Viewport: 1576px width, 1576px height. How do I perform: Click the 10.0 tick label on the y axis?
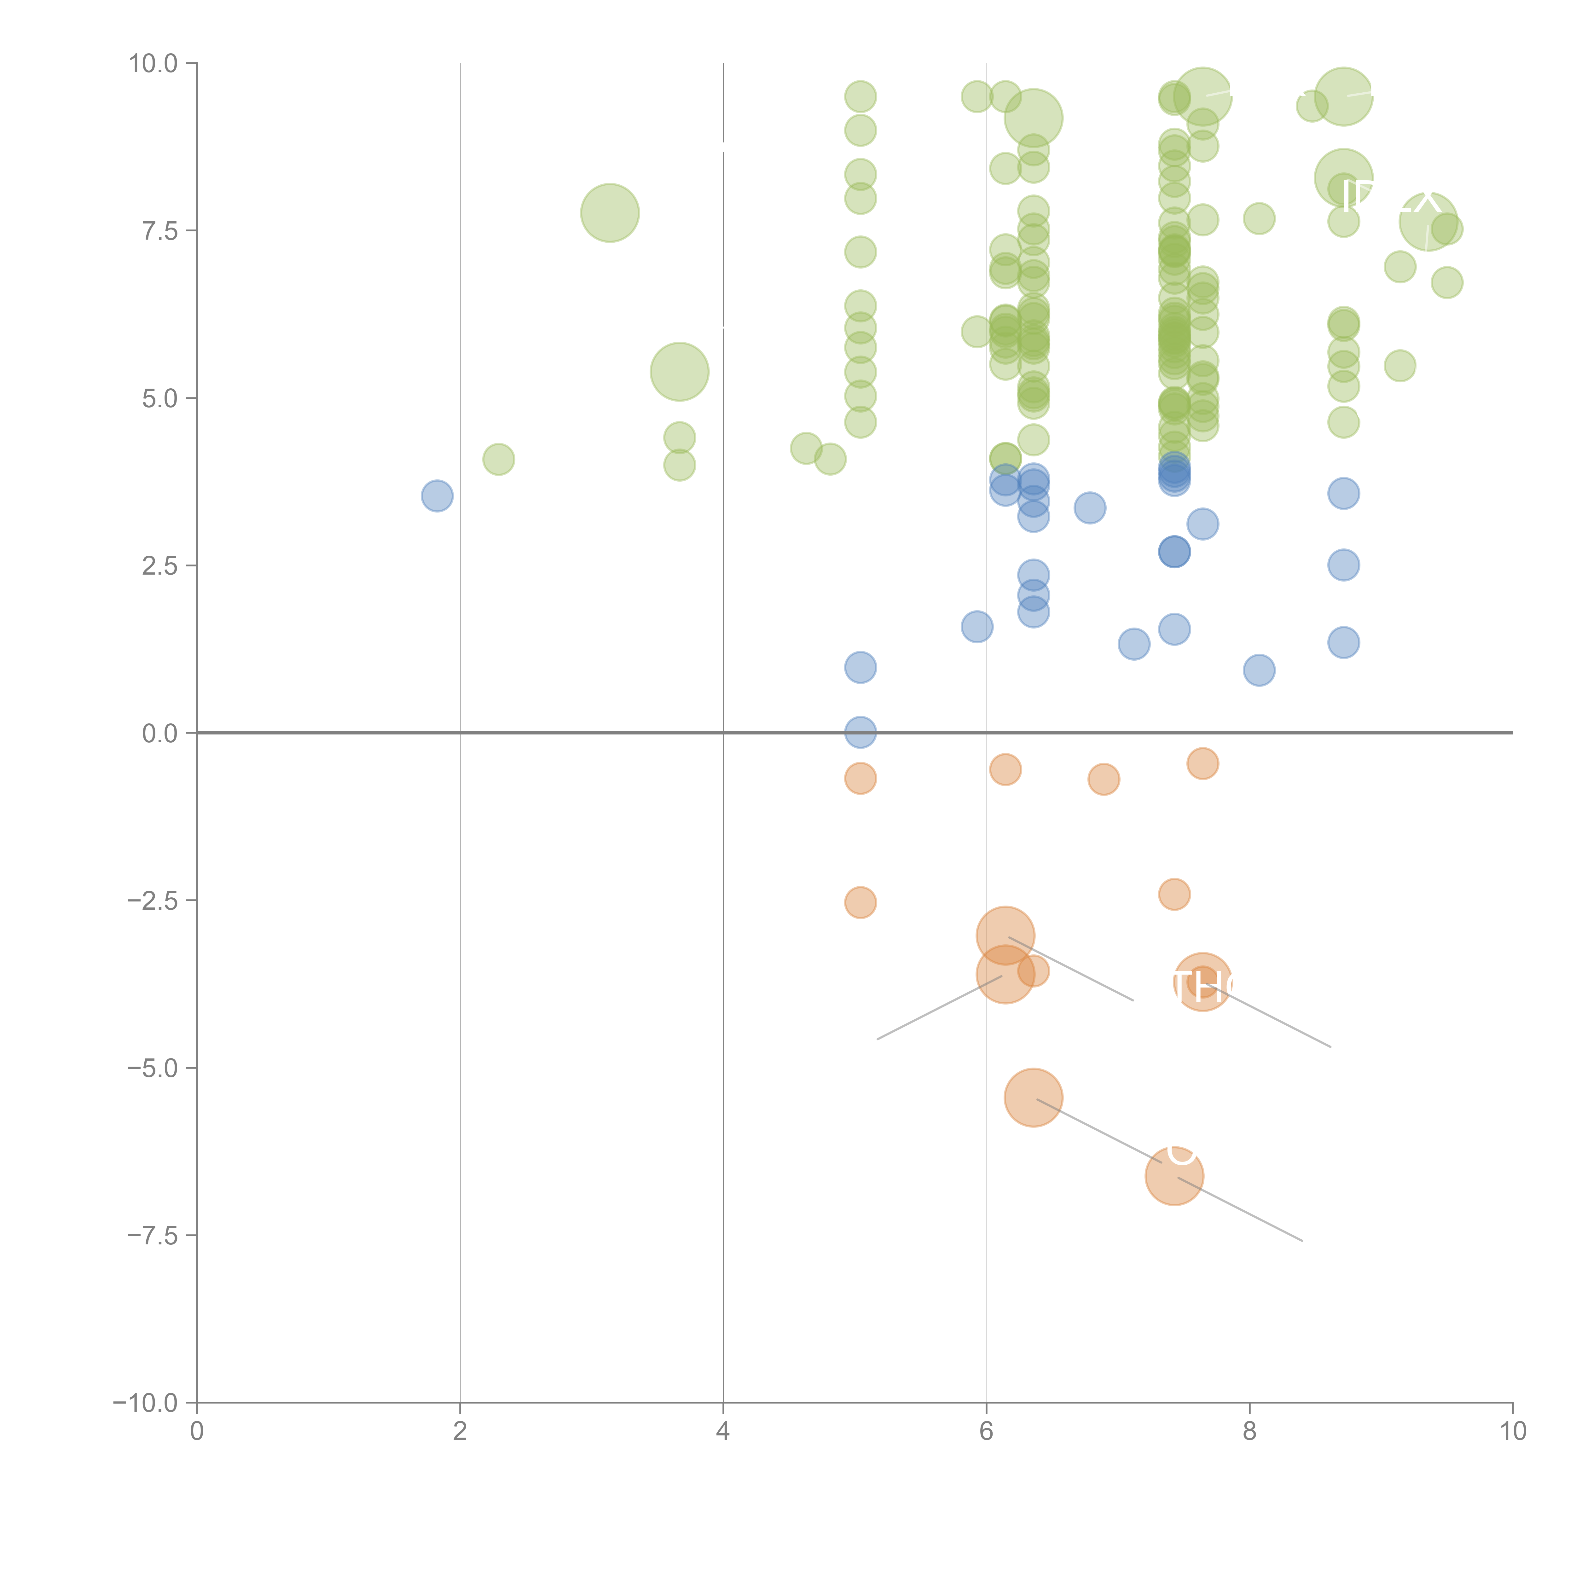pos(154,64)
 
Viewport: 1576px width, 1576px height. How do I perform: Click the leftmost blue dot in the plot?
pos(437,496)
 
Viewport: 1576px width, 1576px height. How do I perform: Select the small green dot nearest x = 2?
pos(498,459)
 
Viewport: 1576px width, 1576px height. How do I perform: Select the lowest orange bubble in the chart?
pos(1174,1176)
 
